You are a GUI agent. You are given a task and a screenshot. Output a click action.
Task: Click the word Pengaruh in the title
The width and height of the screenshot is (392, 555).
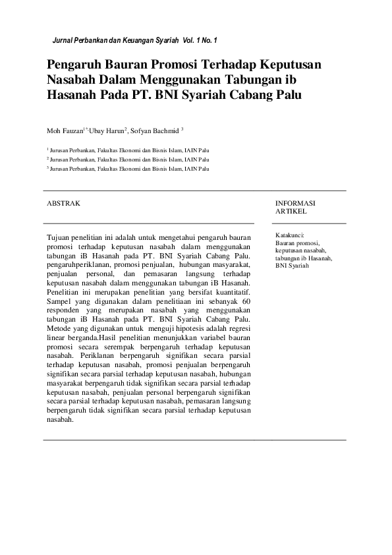[x=74, y=66]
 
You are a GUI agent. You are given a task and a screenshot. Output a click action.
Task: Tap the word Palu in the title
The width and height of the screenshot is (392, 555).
[x=288, y=94]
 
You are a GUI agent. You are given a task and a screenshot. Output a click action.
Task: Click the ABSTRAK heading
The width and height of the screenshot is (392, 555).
[x=63, y=204]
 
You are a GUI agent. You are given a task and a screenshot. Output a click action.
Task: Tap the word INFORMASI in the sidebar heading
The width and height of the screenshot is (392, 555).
[x=295, y=204]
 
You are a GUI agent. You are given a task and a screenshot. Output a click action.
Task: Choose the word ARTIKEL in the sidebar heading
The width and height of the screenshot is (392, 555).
[x=291, y=212]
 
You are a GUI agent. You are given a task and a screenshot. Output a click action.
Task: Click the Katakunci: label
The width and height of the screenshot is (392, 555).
[x=290, y=235]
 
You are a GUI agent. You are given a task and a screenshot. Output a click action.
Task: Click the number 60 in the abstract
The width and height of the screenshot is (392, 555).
[x=246, y=300]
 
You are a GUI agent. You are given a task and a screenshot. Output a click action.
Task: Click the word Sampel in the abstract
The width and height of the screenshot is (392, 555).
[x=57, y=300]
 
